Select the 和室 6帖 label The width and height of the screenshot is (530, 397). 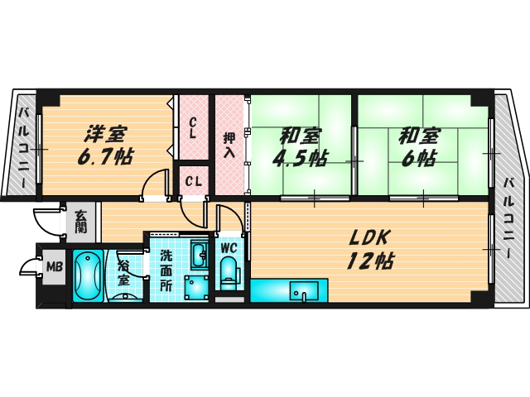419,146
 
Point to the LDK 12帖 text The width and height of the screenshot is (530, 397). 369,248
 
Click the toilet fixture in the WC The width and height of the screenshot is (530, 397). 229,271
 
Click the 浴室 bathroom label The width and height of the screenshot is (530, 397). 123,273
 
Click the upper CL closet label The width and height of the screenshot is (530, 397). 192,127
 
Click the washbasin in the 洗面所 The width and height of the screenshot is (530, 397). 199,253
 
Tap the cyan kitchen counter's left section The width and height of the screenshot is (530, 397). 268,292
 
